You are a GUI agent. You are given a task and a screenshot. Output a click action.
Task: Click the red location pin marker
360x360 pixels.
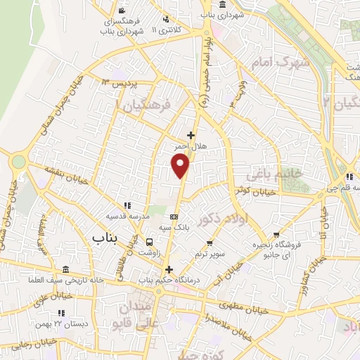click(x=181, y=165)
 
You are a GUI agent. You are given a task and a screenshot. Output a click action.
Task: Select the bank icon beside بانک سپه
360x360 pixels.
click(x=174, y=217)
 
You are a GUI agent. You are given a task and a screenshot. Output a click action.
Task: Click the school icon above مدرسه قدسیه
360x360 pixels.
click(x=127, y=206)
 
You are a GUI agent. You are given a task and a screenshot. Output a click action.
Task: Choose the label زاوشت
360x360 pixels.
click(x=149, y=252)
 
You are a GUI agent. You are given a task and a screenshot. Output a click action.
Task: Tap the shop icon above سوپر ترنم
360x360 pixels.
click(x=209, y=243)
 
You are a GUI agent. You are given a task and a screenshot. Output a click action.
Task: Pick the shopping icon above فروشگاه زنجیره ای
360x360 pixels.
click(x=279, y=235)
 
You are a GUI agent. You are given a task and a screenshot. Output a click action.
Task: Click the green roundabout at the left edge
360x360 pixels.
click(x=18, y=162)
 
